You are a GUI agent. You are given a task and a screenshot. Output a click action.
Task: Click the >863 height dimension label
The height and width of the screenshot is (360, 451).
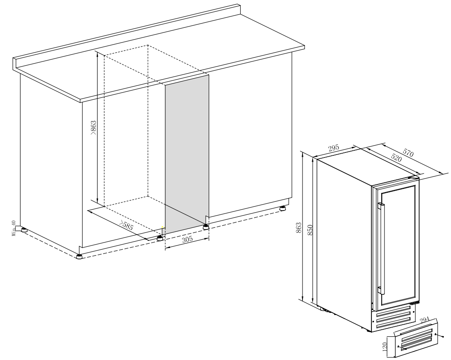tap(93, 128)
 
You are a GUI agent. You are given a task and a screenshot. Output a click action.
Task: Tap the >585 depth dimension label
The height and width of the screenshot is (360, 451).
tap(127, 225)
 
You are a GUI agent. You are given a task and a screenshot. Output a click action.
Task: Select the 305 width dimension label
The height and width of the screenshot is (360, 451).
tap(187, 240)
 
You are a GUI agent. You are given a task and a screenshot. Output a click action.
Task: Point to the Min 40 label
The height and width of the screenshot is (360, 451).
tap(13, 229)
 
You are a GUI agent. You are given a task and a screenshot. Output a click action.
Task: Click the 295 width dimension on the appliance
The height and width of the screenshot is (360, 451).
tap(334, 148)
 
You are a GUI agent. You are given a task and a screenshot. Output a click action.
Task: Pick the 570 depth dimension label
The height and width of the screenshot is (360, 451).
tap(408, 153)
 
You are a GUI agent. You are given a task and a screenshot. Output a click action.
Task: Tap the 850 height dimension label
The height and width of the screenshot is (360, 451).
tap(310, 230)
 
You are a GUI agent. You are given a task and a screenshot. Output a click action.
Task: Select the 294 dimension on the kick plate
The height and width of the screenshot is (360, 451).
tap(424, 320)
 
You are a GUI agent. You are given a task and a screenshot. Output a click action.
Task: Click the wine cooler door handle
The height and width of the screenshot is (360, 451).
tap(382, 248)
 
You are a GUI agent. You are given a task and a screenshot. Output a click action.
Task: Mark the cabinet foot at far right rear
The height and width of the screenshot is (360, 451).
tap(283, 208)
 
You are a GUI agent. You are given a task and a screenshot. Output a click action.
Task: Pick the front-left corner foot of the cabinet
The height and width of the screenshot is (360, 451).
tap(79, 257)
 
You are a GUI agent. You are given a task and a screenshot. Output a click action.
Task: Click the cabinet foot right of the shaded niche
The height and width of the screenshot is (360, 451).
tap(206, 227)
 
